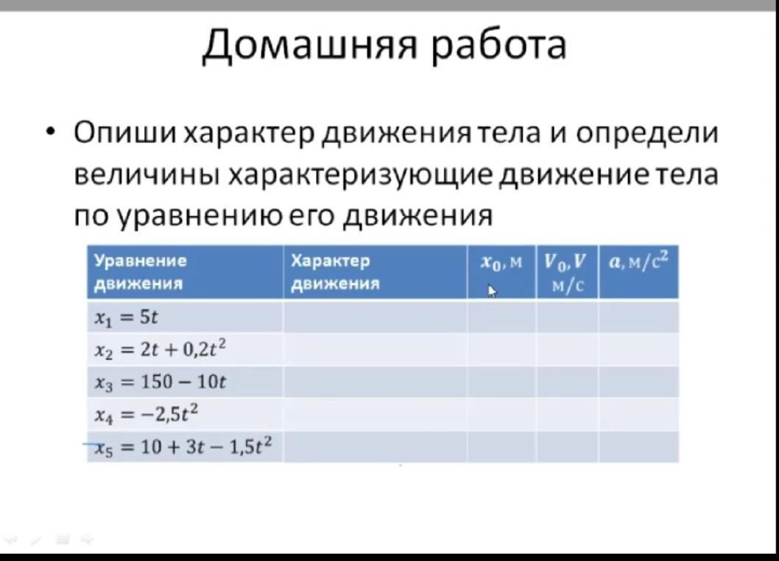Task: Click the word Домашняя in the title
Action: pyautogui.click(x=309, y=44)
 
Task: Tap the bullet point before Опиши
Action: pyautogui.click(x=49, y=133)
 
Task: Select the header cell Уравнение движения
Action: pyautogui.click(x=185, y=272)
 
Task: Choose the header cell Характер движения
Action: pyautogui.click(x=375, y=272)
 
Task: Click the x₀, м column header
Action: pyautogui.click(x=501, y=272)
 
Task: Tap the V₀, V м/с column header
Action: pyautogui.click(x=567, y=272)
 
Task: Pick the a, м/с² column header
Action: pyautogui.click(x=638, y=272)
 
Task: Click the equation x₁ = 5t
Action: pyautogui.click(x=126, y=318)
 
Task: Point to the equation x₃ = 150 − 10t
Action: pyautogui.click(x=160, y=382)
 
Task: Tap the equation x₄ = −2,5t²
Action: pyautogui.click(x=146, y=414)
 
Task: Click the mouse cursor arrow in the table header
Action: pyautogui.click(x=492, y=290)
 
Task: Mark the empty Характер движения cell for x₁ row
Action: pyautogui.click(x=375, y=317)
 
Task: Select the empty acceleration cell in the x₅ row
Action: pyautogui.click(x=638, y=447)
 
